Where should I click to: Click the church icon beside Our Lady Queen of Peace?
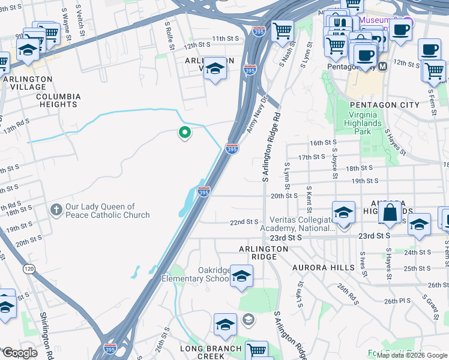point(56,210)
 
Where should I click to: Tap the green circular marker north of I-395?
point(185,133)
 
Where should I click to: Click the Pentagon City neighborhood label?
point(376,104)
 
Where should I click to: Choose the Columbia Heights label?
point(58,100)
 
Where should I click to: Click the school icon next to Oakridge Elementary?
point(241,275)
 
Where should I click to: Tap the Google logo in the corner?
point(19,353)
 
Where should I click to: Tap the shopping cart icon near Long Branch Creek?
point(257,350)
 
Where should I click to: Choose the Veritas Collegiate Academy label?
point(298,224)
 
